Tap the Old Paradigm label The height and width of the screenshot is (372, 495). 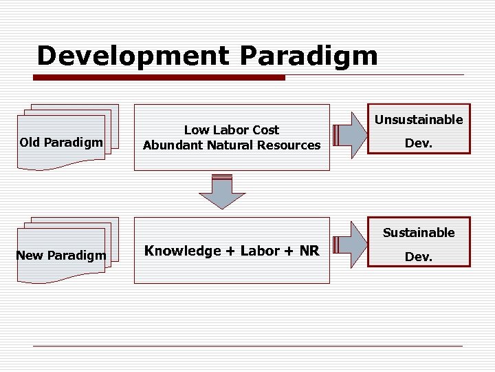[x=61, y=143]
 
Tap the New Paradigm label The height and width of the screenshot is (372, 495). [x=61, y=256]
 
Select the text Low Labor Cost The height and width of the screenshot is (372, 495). [x=232, y=130]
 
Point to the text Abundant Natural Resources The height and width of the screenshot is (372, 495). [x=232, y=145]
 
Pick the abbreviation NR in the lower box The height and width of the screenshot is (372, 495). [x=309, y=251]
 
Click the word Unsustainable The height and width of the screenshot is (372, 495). [x=419, y=120]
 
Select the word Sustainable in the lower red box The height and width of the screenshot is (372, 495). [x=419, y=233]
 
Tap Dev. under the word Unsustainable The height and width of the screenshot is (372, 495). [x=419, y=145]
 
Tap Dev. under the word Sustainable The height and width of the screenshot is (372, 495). [x=419, y=257]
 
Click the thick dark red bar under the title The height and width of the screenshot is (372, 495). [x=161, y=77]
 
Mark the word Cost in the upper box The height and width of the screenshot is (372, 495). [x=265, y=130]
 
